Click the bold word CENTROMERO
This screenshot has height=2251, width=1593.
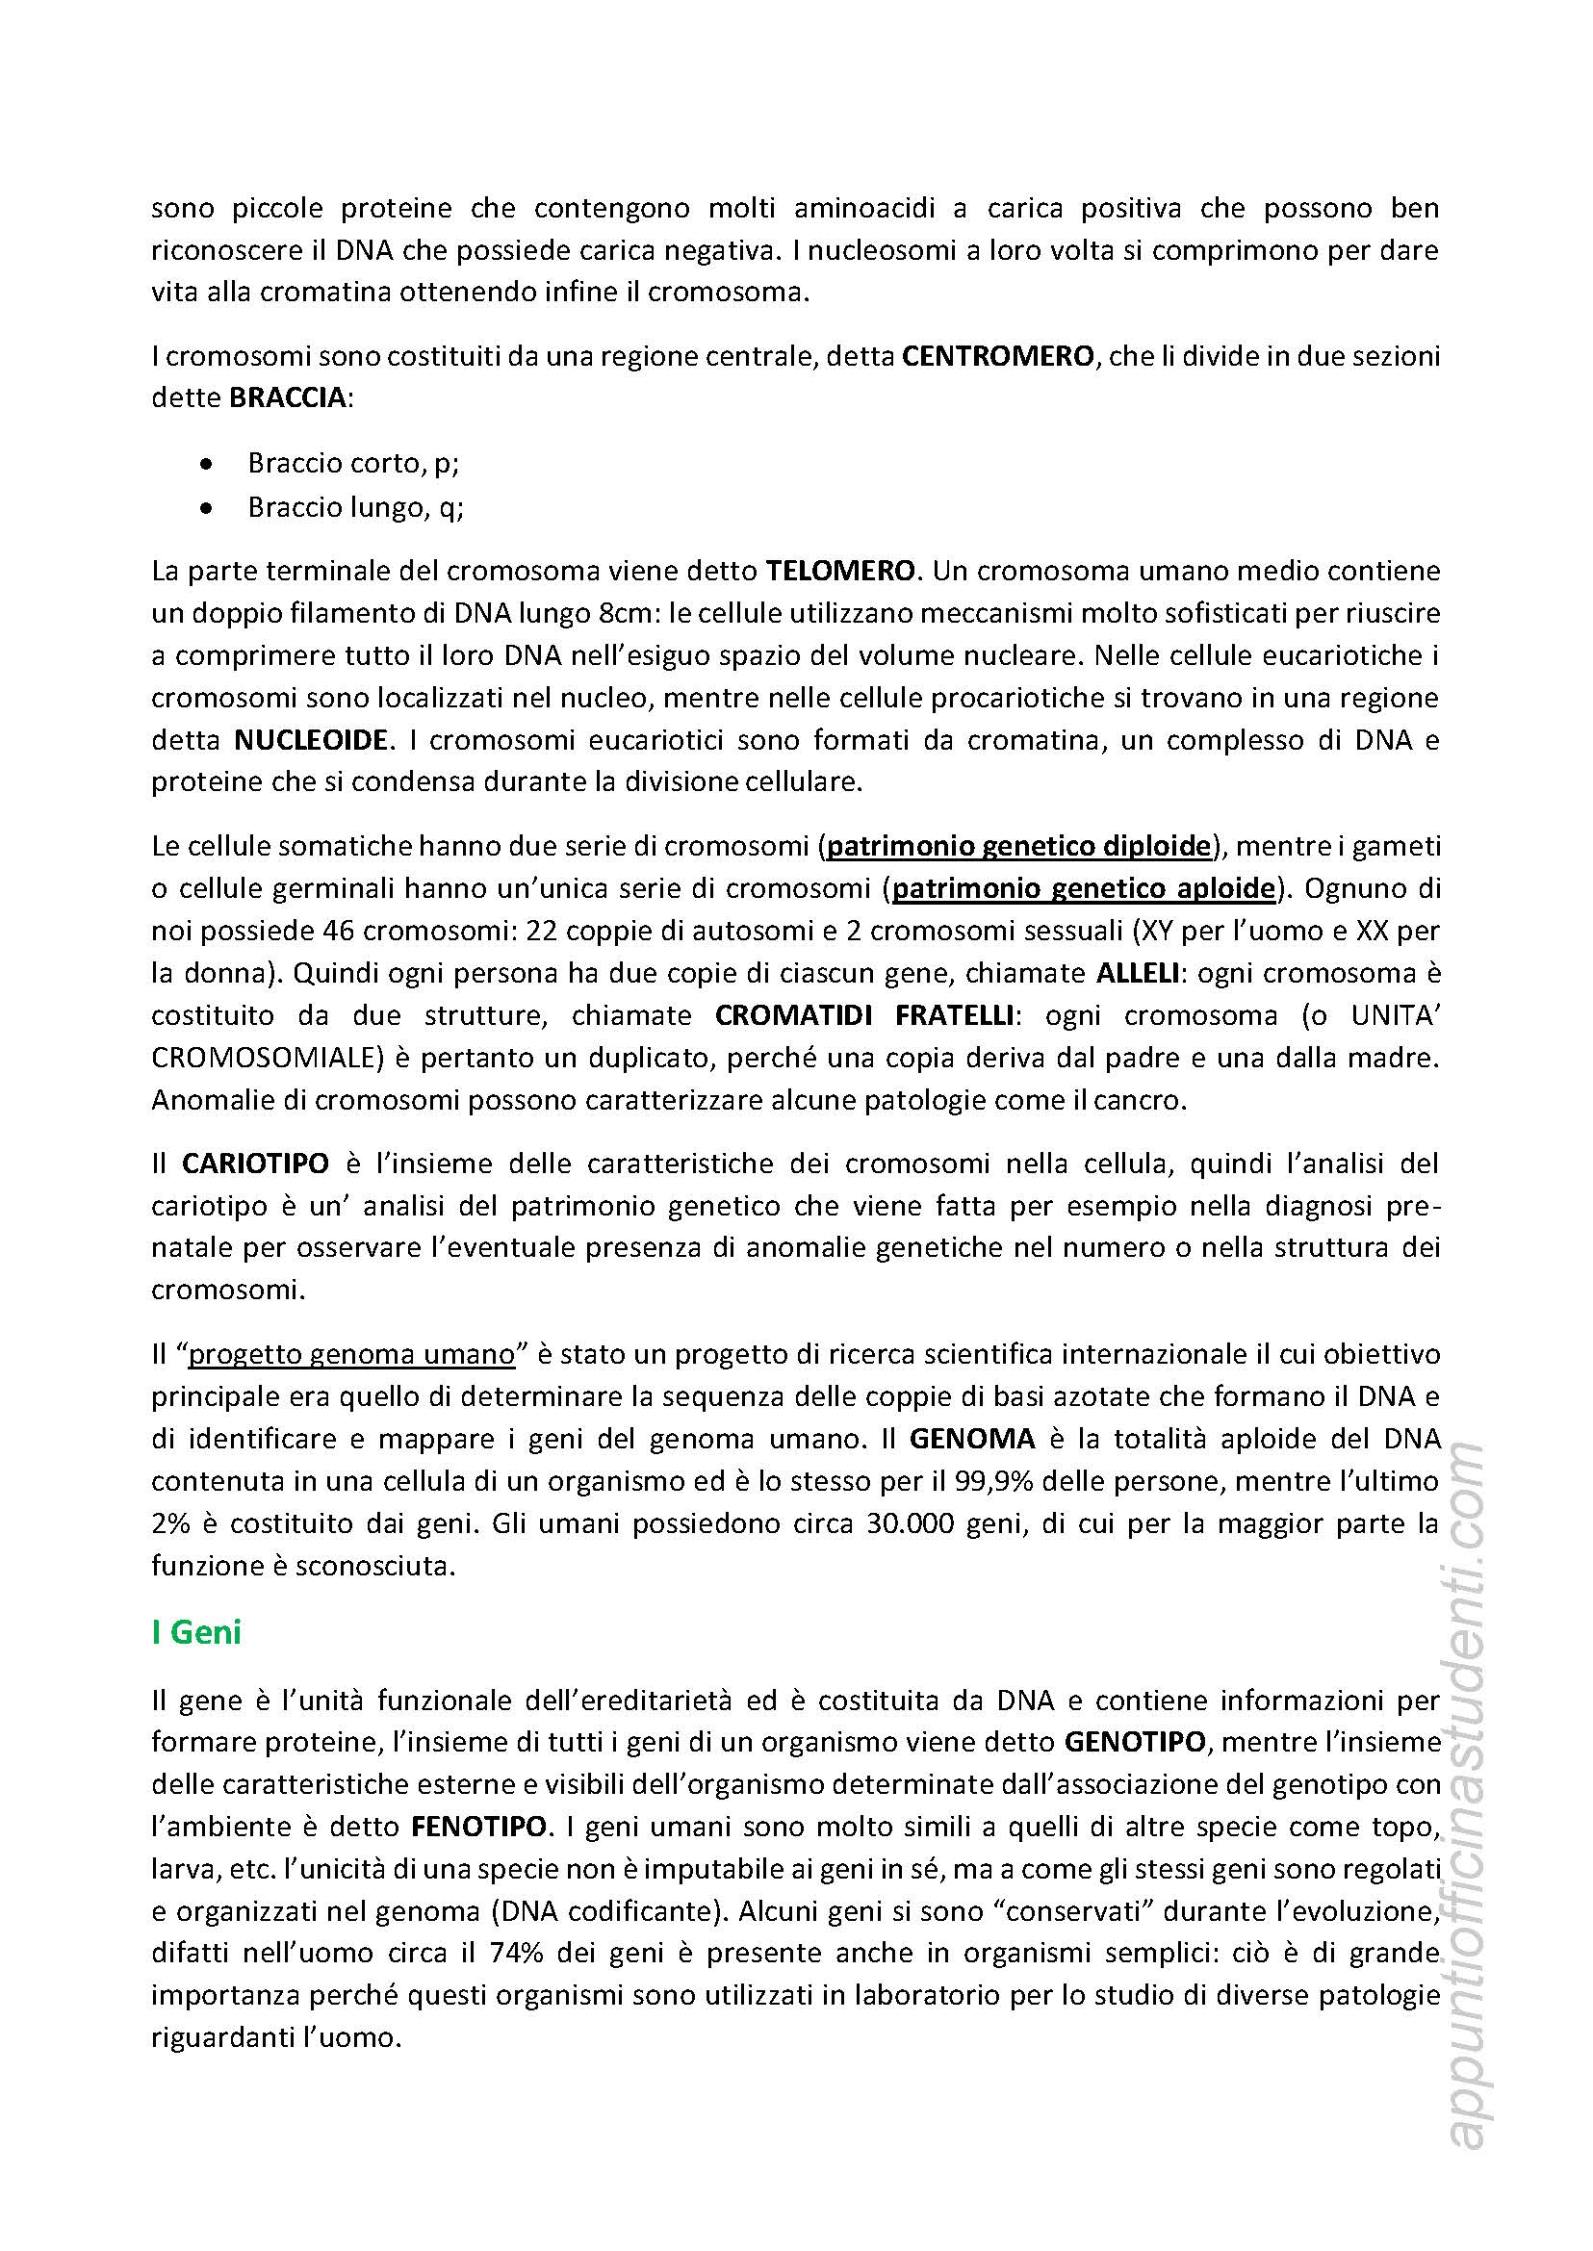click(x=996, y=356)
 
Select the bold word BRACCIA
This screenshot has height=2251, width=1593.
click(x=288, y=398)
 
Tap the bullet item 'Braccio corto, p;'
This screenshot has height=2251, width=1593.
click(x=353, y=463)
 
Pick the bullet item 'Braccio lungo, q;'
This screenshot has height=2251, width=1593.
click(x=355, y=507)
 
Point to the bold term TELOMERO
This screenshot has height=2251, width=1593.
click(x=840, y=571)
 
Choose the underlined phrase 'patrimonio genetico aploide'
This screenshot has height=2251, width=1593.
click(x=1083, y=888)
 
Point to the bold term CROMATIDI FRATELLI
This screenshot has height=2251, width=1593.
click(x=863, y=1016)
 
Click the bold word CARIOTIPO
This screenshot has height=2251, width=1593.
click(x=255, y=1164)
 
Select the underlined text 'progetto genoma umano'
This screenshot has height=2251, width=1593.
click(x=351, y=1354)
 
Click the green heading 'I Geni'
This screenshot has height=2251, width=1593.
click(x=196, y=1632)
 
